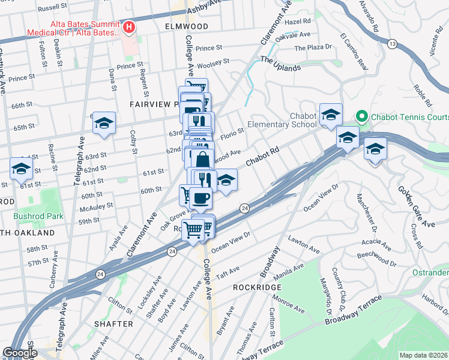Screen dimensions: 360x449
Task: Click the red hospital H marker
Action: [x=128, y=27]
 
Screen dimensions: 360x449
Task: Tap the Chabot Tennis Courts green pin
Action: [x=361, y=115]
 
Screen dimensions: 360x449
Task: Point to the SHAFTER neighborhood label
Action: [x=113, y=324]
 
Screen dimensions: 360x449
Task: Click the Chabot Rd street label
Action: [x=263, y=160]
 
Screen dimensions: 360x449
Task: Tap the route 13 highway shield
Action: [x=392, y=44]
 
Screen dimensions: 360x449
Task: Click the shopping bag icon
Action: [x=203, y=160]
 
